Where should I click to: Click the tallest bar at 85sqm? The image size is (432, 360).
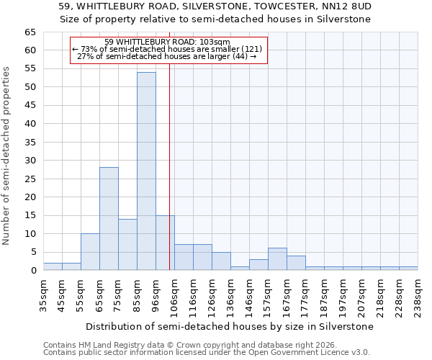click(146, 171)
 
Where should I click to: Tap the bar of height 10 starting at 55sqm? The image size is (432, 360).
click(90, 252)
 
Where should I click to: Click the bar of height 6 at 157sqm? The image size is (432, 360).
click(277, 259)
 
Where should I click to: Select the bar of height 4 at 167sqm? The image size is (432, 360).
click(296, 263)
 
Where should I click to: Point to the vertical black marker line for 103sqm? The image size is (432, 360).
click(169, 180)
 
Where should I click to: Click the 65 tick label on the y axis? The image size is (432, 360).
click(30, 32)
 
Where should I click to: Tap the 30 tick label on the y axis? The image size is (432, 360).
click(30, 161)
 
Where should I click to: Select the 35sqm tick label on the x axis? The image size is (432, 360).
click(43, 295)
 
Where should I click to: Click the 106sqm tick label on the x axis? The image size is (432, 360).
click(174, 295)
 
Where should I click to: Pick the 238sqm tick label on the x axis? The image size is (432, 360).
click(418, 295)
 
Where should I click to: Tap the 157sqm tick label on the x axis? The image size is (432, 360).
click(268, 295)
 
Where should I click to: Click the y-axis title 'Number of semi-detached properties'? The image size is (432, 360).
click(7, 155)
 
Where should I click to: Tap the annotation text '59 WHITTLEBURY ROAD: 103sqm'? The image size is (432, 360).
click(167, 42)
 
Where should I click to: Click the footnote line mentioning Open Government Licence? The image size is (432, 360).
click(207, 352)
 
